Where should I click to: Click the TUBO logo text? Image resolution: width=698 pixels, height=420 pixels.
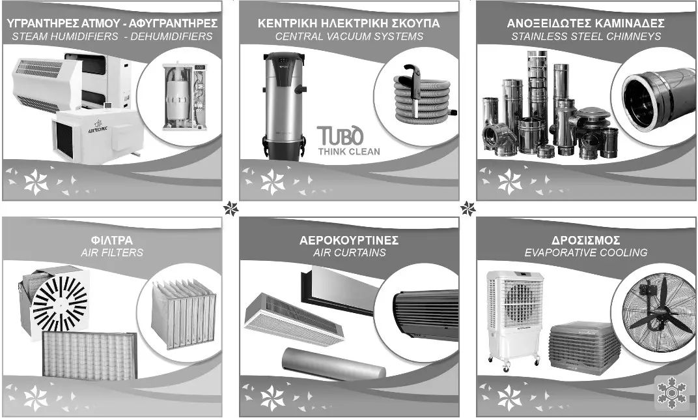[340, 136]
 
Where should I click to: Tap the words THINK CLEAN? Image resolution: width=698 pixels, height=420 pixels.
[349, 152]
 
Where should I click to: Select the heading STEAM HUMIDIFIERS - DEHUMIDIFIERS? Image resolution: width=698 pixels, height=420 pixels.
[112, 37]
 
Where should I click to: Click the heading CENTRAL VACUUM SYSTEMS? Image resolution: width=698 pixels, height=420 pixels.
[349, 37]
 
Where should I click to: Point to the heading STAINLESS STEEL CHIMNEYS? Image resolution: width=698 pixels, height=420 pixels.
[586, 37]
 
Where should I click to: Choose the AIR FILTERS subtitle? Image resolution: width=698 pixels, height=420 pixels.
[112, 252]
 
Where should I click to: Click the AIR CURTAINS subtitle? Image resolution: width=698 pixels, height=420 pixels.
[349, 252]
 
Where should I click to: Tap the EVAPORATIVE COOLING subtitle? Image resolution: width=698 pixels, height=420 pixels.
[586, 252]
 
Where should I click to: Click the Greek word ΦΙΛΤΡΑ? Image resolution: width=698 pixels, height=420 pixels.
[112, 239]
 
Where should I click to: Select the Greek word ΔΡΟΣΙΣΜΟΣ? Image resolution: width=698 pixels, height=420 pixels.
[586, 239]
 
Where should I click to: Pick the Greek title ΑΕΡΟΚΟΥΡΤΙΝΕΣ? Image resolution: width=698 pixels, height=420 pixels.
[349, 239]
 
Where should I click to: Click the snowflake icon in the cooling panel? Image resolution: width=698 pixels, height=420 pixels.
[671, 394]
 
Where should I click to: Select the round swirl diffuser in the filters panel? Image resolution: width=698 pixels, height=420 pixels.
[59, 302]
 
